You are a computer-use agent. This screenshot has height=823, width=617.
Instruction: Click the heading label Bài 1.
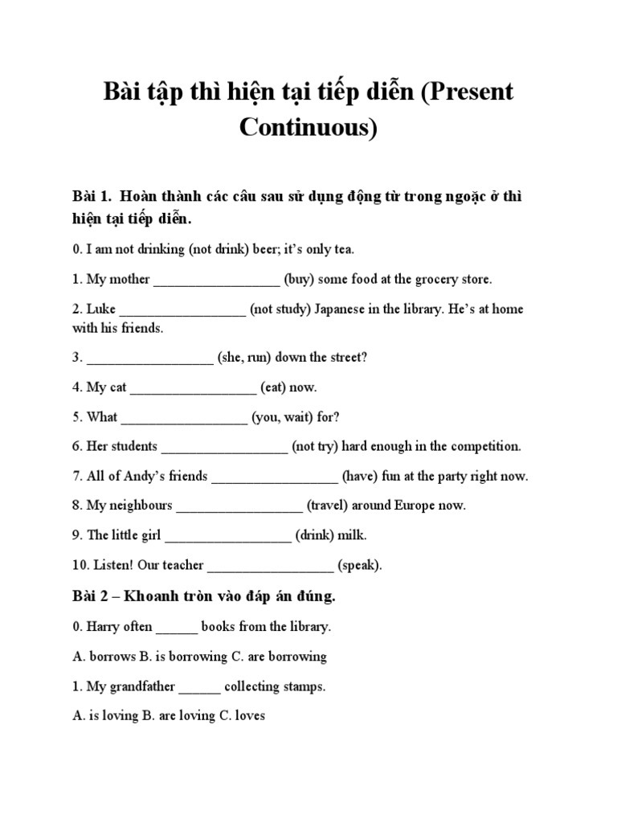click(x=94, y=197)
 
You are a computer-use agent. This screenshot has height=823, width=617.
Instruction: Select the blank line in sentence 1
click(x=216, y=280)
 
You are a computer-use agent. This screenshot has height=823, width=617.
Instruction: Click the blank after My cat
click(x=193, y=388)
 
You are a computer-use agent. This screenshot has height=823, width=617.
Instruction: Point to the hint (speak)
click(x=358, y=566)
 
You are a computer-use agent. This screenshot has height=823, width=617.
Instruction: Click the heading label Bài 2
click(x=94, y=596)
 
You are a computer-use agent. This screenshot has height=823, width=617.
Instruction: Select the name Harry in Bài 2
click(x=103, y=627)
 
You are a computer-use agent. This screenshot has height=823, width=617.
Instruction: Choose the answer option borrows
click(x=112, y=657)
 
